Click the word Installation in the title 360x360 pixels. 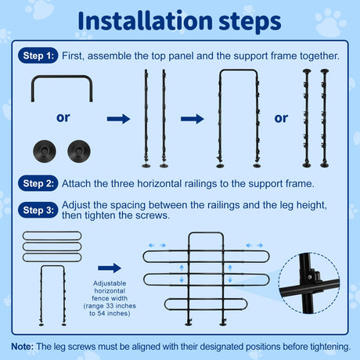[145, 21]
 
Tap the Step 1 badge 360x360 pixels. [38, 56]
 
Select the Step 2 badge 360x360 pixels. [38, 183]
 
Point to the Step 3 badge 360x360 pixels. [38, 210]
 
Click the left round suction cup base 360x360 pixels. [45, 151]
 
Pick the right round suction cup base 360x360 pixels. [79, 151]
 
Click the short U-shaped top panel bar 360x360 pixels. [62, 77]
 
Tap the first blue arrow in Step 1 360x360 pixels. [118, 119]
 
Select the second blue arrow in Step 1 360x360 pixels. [193, 119]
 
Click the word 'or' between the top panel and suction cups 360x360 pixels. [63, 117]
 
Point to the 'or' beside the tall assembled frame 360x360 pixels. [281, 118]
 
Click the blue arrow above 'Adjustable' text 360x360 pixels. [110, 268]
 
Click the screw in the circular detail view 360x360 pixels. [310, 277]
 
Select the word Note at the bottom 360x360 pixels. [23, 347]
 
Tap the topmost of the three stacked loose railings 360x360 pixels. [52, 236]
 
